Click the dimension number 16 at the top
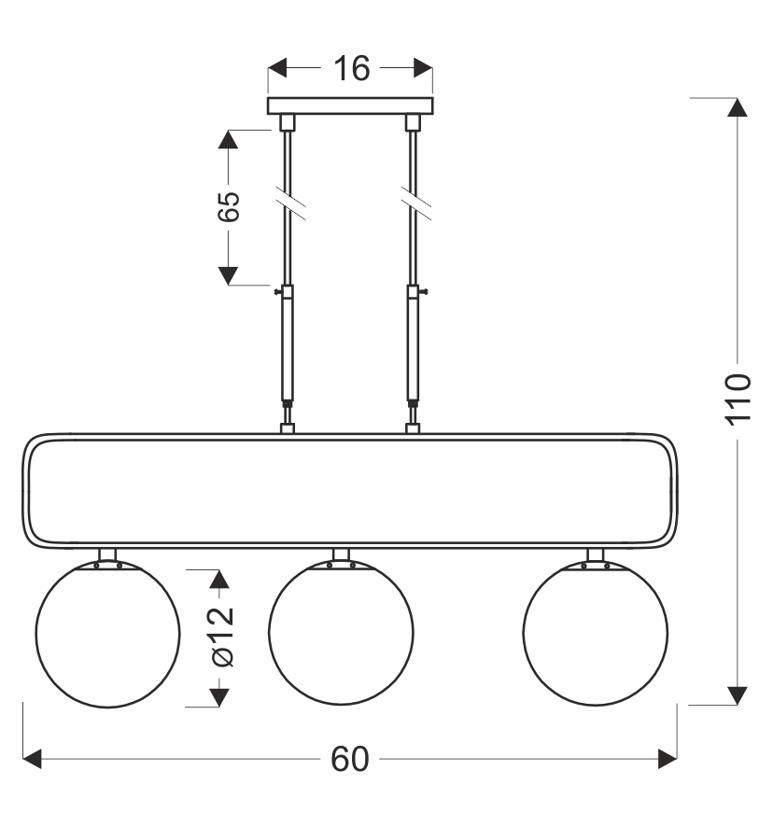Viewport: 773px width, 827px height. (351, 68)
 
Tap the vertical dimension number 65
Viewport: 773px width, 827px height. (229, 206)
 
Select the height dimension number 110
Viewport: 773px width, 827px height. (738, 399)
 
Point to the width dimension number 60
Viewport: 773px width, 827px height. (350, 760)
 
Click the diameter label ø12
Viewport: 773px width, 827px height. (222, 638)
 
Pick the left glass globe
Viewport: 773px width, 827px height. (108, 634)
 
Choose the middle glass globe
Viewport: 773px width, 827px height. (341, 632)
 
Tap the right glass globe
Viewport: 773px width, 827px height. (596, 633)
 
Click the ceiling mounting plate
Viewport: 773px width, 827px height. (350, 106)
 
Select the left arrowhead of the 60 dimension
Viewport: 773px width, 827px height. (32, 759)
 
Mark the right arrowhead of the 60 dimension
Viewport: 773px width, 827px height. (668, 759)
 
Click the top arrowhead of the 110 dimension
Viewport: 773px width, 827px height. (738, 107)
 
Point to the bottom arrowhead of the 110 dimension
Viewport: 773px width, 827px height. (738, 695)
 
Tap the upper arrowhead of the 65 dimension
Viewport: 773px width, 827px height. (228, 139)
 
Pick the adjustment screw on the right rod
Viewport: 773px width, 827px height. (423, 291)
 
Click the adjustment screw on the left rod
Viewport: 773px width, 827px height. (278, 291)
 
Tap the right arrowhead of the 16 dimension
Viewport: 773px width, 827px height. (424, 68)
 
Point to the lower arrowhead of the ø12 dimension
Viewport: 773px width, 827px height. (219, 697)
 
